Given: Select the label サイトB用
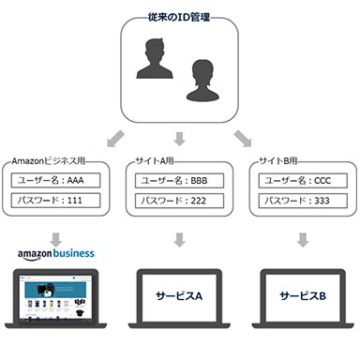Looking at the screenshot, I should click(x=282, y=160).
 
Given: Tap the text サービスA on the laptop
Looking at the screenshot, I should click(x=179, y=296).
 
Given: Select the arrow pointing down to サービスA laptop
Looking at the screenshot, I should click(x=179, y=241).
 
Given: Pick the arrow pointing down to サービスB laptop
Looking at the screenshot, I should click(x=303, y=241).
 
